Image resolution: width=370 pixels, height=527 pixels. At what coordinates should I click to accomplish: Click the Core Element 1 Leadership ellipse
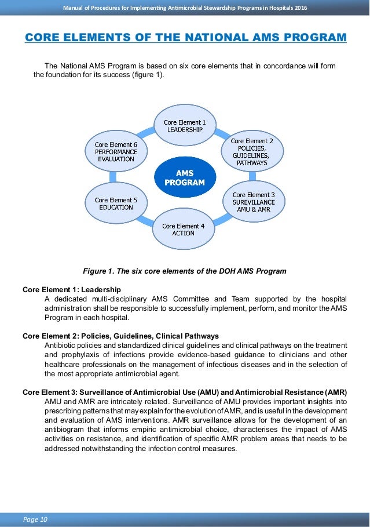184,126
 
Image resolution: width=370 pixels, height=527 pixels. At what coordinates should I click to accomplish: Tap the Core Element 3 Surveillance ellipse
253,202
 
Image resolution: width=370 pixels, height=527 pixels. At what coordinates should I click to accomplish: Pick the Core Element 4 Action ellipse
183,229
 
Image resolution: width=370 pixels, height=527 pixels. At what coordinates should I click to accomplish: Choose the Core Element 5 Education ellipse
116,203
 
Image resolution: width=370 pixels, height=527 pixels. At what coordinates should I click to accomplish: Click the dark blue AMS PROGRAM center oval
185,177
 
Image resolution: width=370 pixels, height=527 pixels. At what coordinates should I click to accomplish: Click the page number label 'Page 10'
35,518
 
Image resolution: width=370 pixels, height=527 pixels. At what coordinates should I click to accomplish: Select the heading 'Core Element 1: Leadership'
71,289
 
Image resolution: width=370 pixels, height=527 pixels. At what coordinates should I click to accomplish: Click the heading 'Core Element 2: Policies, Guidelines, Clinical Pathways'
120,336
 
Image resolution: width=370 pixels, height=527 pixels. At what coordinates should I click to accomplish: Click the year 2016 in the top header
299,7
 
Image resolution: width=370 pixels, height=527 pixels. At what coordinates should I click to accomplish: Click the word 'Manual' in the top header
75,7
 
